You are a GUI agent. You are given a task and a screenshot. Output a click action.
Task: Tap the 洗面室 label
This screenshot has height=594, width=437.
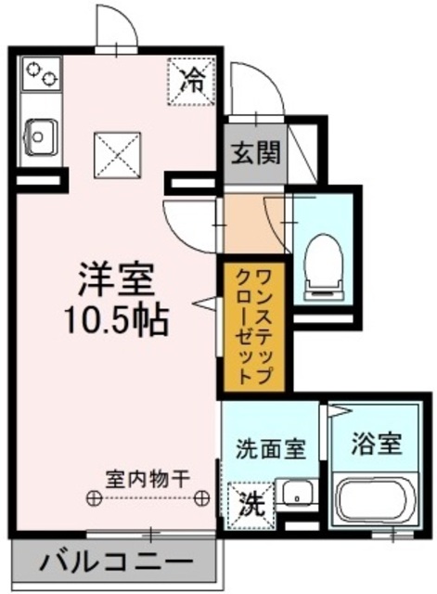(269, 450)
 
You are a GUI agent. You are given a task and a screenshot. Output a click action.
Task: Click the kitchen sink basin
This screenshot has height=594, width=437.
(40, 137)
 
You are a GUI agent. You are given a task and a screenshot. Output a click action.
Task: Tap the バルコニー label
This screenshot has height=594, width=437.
(118, 562)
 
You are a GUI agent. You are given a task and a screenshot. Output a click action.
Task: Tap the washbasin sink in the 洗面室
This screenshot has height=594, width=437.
(296, 495)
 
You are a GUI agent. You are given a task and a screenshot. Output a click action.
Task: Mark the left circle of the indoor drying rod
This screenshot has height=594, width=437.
(93, 498)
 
